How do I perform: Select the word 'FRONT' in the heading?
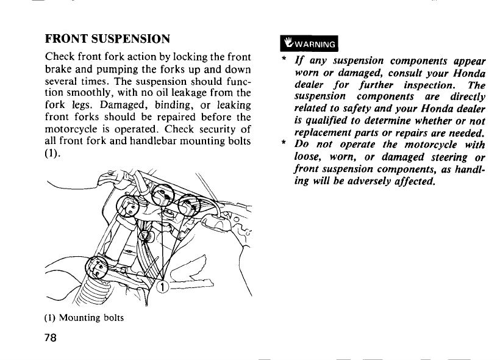click(65, 39)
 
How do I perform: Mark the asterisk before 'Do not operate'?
click(283, 145)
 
